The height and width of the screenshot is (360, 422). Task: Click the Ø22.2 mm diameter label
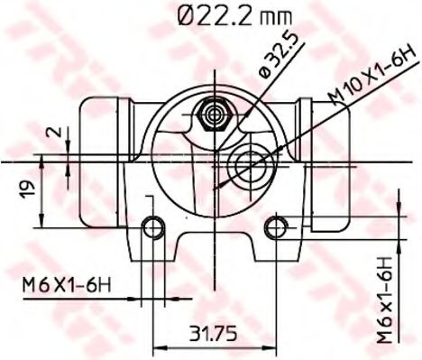[234, 15]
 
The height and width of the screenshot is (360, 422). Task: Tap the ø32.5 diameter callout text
[280, 55]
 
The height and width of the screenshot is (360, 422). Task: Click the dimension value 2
[58, 132]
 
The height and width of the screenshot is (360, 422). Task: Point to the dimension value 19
[27, 189]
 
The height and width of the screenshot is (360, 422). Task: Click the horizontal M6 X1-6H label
[67, 285]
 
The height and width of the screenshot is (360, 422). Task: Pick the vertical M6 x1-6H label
[385, 300]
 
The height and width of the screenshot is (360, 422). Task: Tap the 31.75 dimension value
[213, 333]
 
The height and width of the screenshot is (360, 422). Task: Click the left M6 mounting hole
[153, 228]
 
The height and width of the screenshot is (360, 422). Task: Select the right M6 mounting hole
[276, 227]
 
